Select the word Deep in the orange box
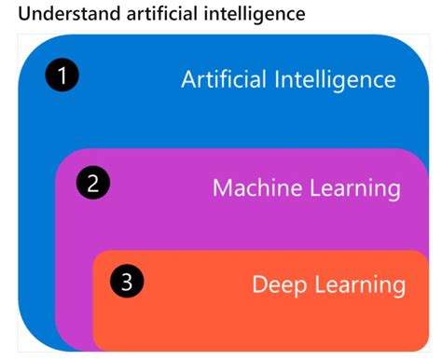[279, 284]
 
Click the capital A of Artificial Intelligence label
[189, 79]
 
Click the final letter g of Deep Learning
[398, 286]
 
